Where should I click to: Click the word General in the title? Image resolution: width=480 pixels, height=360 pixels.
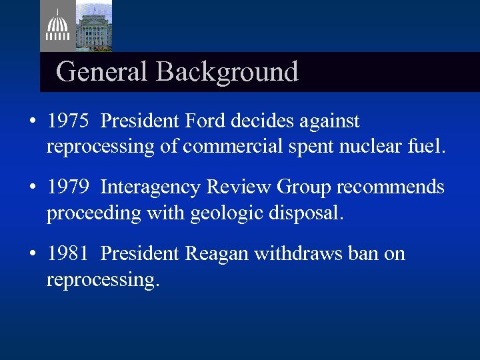coord(102,72)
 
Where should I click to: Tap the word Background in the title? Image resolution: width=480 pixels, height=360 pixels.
coord(227,72)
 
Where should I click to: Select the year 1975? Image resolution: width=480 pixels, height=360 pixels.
coord(68,121)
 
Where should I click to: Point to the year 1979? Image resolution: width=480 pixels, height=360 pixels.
coord(68,187)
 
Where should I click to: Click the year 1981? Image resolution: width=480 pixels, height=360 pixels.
coord(68,254)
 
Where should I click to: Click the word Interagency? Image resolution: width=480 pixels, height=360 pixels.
coord(151,187)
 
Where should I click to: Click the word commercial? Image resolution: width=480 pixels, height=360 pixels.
coord(227,146)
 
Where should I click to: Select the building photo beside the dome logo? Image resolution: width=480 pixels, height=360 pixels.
coord(93,25)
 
